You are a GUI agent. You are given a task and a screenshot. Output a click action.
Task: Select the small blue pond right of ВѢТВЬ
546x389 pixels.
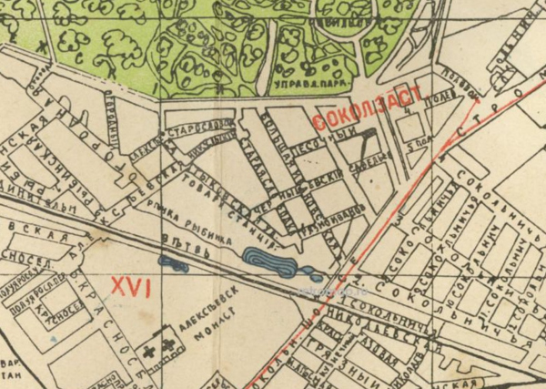coord(173,264)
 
